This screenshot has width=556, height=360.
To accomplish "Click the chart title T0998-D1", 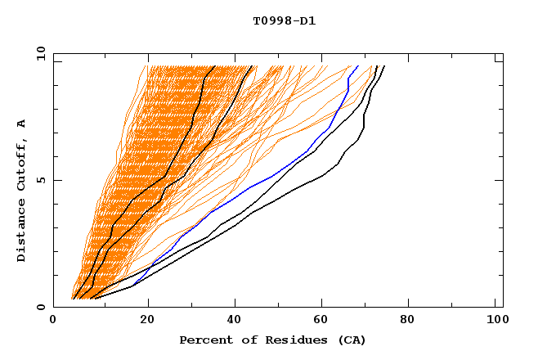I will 284,20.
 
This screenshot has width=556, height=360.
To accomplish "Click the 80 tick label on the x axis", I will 407,321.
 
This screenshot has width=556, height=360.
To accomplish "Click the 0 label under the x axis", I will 54,321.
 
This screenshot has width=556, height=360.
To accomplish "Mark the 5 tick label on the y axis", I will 40,180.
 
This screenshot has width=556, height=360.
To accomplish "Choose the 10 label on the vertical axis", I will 38,53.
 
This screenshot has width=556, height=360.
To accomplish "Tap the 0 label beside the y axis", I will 40,307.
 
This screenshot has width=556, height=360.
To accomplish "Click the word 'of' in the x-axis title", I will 245,340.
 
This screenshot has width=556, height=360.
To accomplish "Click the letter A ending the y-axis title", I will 21,123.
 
